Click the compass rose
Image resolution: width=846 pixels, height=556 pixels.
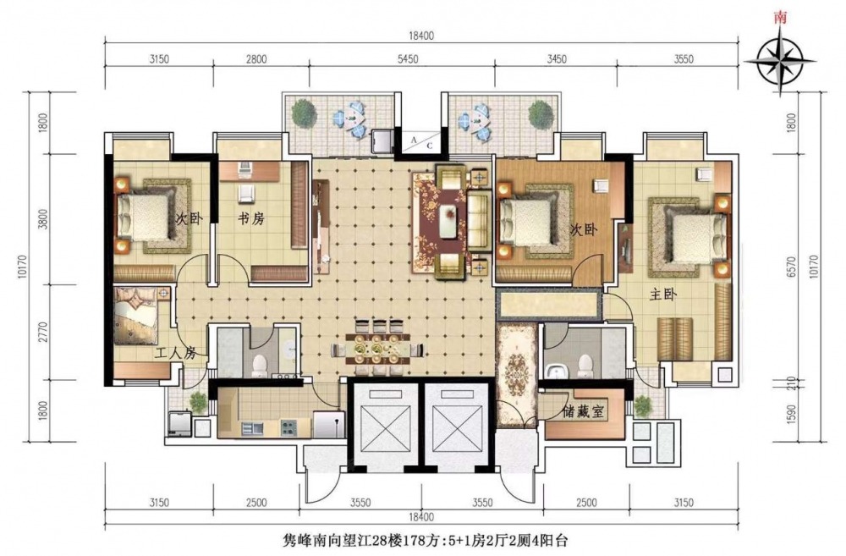pos(780,60)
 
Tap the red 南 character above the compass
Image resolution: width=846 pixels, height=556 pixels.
pos(780,17)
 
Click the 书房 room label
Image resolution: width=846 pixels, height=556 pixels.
pos(251,218)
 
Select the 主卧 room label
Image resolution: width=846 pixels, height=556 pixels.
pos(662,295)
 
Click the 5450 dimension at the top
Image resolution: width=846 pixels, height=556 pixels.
pos(408,59)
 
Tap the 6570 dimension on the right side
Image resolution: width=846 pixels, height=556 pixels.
pos(792,267)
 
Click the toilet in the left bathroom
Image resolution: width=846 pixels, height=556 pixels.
pos(260,365)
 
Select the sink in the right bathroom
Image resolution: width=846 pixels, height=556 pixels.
pos(555,371)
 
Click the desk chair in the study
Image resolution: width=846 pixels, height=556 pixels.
pos(246,192)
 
